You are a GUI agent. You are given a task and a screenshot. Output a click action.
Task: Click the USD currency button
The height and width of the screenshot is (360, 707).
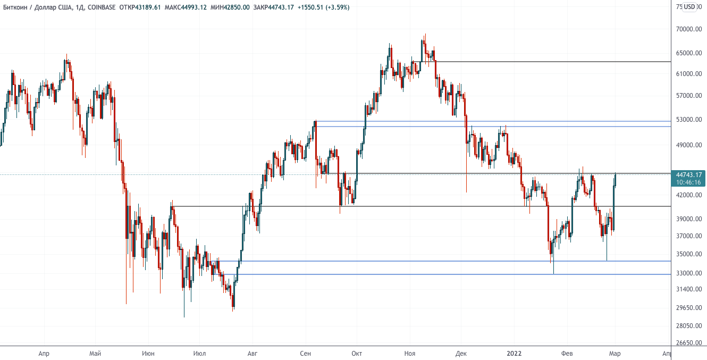tap(689, 7)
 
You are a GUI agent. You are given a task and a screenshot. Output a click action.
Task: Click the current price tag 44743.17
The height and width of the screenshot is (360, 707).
tap(688, 174)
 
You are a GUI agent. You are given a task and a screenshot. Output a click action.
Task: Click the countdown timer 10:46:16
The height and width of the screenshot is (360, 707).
tap(688, 182)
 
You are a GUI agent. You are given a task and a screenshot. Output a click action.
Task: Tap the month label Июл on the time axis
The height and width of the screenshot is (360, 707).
tap(200, 353)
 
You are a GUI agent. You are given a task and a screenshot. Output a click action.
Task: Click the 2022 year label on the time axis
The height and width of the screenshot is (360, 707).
tap(514, 353)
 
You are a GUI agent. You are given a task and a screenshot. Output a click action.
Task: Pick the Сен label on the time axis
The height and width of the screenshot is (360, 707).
tap(305, 353)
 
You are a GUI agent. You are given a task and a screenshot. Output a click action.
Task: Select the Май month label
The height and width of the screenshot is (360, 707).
tap(96, 353)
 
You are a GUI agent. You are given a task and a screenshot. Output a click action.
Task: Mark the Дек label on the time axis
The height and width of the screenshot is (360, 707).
tap(461, 353)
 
